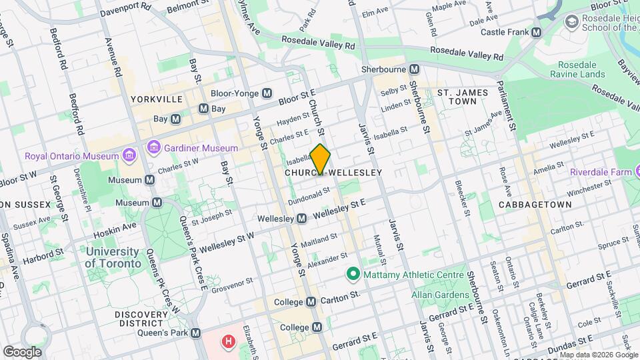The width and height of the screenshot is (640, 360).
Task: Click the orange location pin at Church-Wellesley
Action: tap(321, 159)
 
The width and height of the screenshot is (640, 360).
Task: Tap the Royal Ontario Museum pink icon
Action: tap(129, 157)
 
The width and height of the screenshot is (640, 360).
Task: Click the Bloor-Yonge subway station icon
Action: tap(267, 93)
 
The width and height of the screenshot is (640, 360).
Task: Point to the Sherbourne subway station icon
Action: tap(415, 69)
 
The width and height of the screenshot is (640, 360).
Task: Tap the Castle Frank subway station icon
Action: tap(537, 33)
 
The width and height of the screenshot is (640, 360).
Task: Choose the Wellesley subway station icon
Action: tap(301, 219)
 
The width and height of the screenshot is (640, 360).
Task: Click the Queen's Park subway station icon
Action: tap(195, 333)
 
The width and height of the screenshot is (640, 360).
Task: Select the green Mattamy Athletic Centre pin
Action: tap(352, 274)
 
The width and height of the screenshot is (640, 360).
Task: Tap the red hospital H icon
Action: tap(229, 342)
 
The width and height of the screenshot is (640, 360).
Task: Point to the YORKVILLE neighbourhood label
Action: tap(157, 99)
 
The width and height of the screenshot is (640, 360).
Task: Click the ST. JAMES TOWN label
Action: tap(466, 97)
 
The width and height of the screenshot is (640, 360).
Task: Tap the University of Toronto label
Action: tap(113, 257)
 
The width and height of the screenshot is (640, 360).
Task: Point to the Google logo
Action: tap(22, 351)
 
